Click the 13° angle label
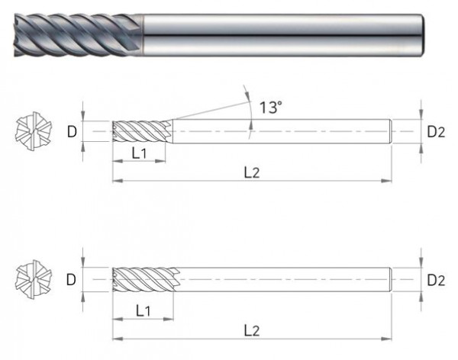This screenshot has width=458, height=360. point(271,108)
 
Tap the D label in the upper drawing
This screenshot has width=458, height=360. point(71,131)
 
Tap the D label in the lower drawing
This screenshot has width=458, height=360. point(71,279)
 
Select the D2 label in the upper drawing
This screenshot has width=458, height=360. point(436,131)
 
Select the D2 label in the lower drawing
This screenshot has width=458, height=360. point(436,279)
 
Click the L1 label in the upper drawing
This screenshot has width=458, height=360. point(140,153)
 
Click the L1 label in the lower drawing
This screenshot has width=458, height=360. point(143,310)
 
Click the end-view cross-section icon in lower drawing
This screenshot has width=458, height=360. point(31,279)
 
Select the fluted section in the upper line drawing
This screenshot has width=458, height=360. point(137,131)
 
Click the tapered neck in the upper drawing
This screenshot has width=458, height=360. point(169,131)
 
